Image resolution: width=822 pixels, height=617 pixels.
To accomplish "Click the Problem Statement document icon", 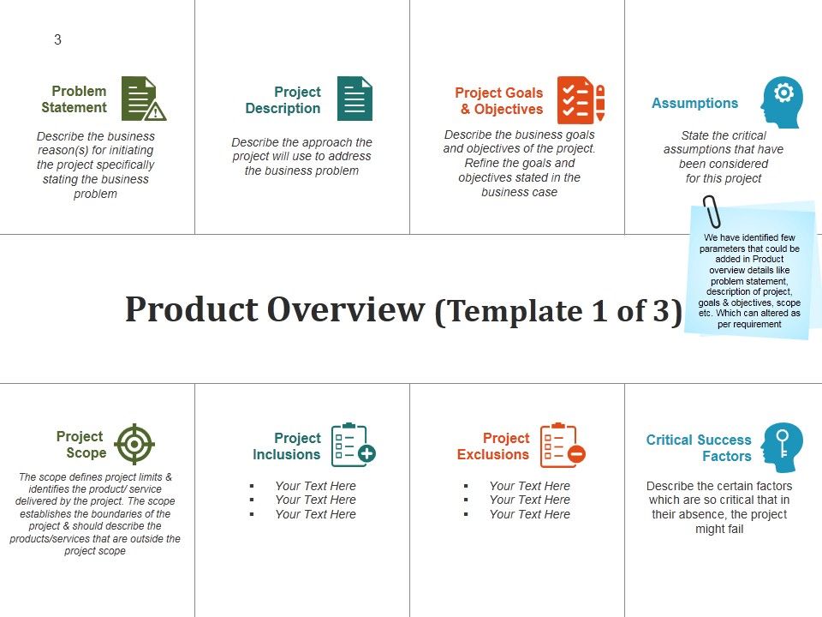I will pos(142,99).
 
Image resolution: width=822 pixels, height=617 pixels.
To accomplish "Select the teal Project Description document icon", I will pos(354,99).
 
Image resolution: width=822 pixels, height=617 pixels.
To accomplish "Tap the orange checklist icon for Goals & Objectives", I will pos(581,99).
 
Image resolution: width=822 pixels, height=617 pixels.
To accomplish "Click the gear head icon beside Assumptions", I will pos(782,102).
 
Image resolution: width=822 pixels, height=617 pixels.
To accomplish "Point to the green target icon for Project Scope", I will pos(134,444).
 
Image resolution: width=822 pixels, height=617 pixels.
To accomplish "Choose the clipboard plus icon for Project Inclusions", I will pos(352,445).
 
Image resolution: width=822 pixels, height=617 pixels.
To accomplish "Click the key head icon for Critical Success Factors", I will pos(782,446).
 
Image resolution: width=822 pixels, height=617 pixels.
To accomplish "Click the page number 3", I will pos(57,39).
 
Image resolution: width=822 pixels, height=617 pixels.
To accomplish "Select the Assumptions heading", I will pos(694,103).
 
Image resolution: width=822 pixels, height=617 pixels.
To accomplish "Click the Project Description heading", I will pos(283,100).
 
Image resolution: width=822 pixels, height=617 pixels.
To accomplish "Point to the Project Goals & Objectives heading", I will pos(500,101).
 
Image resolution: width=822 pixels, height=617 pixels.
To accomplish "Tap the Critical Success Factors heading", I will pos(699,448).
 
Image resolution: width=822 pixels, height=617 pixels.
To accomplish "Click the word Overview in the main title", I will pos(346,309).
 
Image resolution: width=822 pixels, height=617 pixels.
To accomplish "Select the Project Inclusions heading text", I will pos(287,446).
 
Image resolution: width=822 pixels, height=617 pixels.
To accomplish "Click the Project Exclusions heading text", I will pos(494,446).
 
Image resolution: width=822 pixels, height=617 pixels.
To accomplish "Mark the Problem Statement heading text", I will pos(74,99).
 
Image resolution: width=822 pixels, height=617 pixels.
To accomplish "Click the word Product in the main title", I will pos(191,309).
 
